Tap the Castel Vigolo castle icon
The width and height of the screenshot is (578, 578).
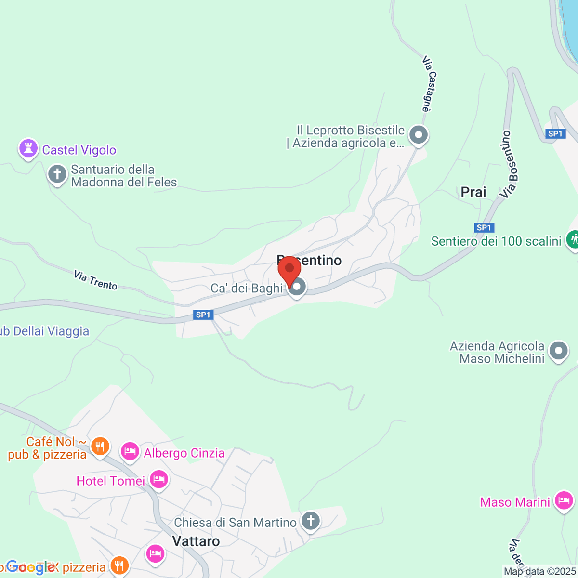click(x=28, y=149)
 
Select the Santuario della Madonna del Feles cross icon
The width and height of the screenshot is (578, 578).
click(x=57, y=174)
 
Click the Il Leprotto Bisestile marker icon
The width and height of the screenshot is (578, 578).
click(x=418, y=134)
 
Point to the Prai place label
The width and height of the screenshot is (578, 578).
click(x=473, y=192)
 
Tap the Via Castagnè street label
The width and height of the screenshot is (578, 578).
click(x=429, y=84)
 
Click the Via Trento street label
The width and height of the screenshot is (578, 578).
click(x=95, y=280)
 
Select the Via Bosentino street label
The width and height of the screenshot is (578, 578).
click(x=509, y=164)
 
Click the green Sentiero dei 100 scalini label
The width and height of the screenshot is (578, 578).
click(x=496, y=241)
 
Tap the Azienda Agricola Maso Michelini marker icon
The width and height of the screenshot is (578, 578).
click(x=559, y=351)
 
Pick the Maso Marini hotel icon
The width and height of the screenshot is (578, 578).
click(x=564, y=501)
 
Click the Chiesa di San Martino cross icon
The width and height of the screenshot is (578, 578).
click(x=311, y=521)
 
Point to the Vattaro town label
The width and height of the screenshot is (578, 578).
click(x=196, y=541)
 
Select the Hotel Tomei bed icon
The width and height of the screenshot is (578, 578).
click(x=158, y=480)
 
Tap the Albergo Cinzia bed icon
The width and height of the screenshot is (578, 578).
click(x=130, y=452)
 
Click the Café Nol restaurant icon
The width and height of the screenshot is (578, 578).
click(x=100, y=446)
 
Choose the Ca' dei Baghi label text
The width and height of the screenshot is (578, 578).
click(x=247, y=288)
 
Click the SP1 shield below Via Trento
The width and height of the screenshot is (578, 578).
click(x=203, y=315)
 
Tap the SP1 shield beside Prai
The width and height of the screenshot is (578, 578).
click(x=484, y=228)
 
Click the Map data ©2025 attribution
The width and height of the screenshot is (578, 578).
click(x=539, y=572)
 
